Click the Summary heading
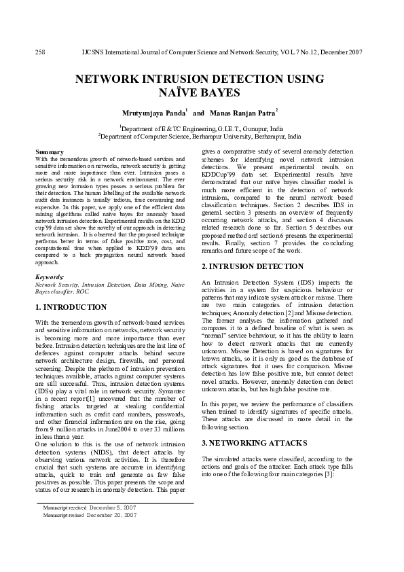click(50, 151)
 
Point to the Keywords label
click(50, 277)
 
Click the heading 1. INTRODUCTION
click(71, 307)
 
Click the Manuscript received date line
click(89, 507)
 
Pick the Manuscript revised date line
click(89, 516)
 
